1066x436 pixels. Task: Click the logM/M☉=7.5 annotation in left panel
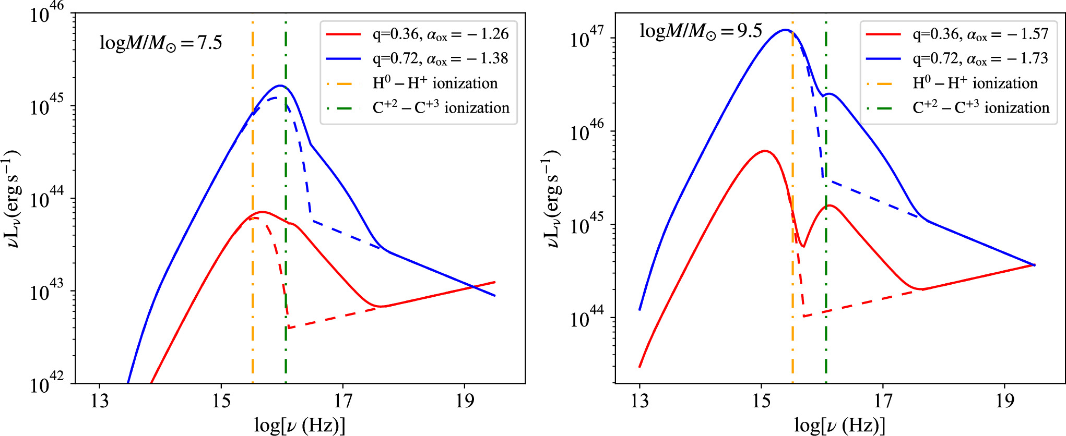coord(161,43)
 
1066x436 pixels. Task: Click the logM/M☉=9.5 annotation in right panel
coord(701,31)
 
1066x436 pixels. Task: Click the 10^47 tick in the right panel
coord(587,38)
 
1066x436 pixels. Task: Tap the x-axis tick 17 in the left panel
coord(343,401)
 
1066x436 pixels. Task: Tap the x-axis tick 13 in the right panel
coord(639,401)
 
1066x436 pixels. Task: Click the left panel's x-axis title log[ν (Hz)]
coord(300,425)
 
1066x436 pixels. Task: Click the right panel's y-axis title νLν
coord(551,198)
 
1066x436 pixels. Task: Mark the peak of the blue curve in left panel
coord(280,86)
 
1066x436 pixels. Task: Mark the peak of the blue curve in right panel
coord(784,30)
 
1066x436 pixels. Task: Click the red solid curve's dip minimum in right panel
coord(803,246)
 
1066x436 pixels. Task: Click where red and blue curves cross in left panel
coord(473,286)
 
